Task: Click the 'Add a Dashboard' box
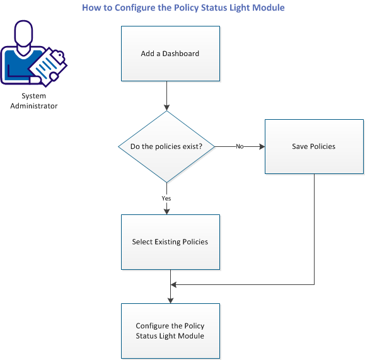click(x=170, y=54)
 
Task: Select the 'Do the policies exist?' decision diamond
click(x=167, y=146)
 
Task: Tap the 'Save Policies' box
click(x=313, y=146)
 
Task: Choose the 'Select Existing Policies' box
click(x=170, y=241)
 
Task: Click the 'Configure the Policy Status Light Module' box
click(x=170, y=330)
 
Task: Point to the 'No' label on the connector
click(x=240, y=146)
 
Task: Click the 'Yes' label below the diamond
click(x=167, y=198)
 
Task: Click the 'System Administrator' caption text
click(x=33, y=101)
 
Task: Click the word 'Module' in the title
click(x=267, y=8)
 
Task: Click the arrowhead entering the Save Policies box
click(x=261, y=146)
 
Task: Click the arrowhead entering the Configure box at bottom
click(x=170, y=300)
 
